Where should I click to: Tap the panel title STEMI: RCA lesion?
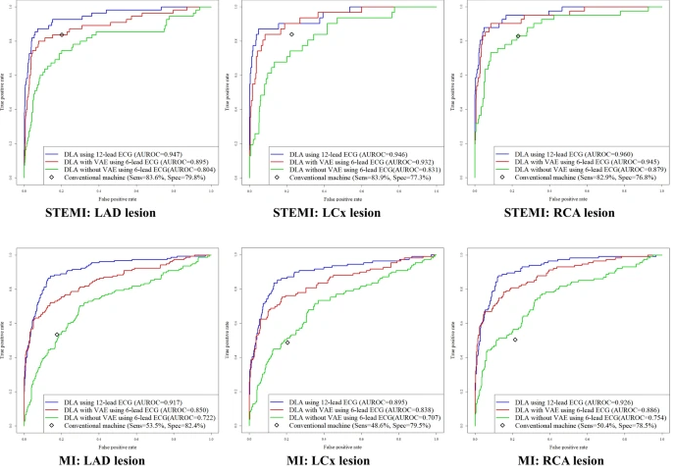560,212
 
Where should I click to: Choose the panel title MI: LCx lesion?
336,460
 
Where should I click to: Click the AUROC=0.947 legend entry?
114,154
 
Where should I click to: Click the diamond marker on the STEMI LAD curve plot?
62,35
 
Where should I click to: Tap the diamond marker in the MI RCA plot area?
514,340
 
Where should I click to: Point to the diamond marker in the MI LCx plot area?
287,343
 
